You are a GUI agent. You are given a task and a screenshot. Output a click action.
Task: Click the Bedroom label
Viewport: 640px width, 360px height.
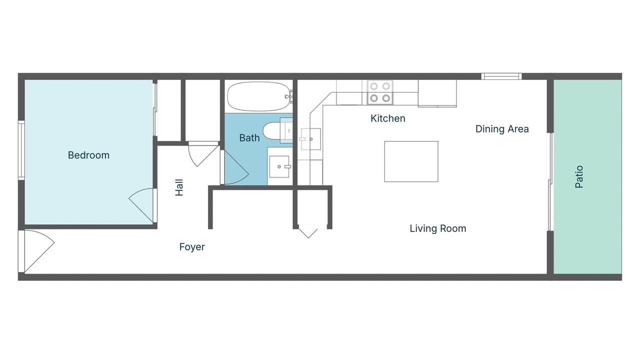tap(88, 155)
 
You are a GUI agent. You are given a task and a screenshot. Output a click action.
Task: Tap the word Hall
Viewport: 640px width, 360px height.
tap(179, 187)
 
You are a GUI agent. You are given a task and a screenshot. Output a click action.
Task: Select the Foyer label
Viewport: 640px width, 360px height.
tap(192, 247)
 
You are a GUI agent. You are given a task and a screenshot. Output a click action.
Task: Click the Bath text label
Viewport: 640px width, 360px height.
tap(249, 138)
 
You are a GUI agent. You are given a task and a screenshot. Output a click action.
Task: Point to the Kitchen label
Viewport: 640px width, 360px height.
tap(387, 118)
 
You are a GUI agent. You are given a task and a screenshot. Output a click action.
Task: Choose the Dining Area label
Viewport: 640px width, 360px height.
tap(502, 129)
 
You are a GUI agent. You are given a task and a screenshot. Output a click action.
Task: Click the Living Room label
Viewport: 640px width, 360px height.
tap(437, 228)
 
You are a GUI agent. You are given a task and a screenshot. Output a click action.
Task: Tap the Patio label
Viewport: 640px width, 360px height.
tap(579, 176)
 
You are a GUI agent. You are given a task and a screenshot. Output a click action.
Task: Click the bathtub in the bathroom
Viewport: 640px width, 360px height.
tap(258, 96)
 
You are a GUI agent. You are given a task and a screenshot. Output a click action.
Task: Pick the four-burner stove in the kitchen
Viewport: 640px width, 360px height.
tap(379, 92)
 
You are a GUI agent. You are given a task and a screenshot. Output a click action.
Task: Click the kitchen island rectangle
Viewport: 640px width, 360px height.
tap(411, 161)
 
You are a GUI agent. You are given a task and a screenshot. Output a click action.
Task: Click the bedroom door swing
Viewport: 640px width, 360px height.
tap(143, 203)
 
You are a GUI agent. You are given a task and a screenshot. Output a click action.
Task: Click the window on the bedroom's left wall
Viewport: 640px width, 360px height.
tap(21, 150)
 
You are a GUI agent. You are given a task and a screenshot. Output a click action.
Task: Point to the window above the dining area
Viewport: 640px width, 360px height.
tap(501, 76)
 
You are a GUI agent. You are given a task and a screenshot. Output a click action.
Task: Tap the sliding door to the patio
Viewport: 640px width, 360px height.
tap(551, 181)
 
